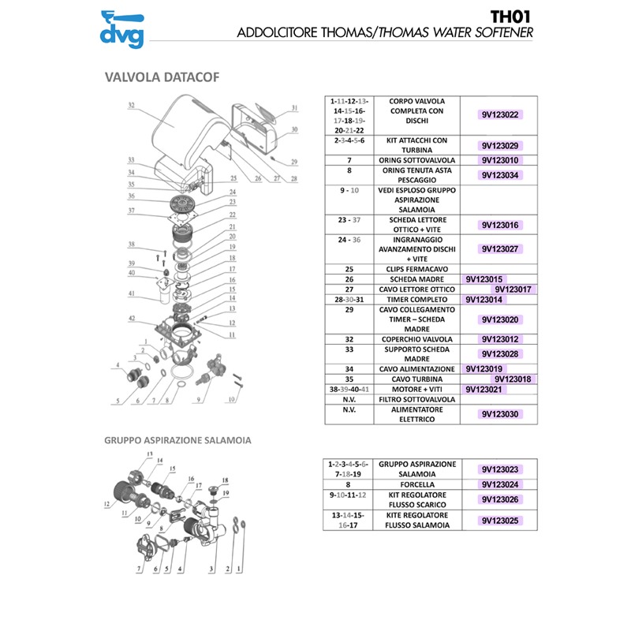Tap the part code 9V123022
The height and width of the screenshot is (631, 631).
pos(498,115)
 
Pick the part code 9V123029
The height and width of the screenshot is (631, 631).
pos(498,146)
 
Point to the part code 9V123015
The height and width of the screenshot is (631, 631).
pos(484,279)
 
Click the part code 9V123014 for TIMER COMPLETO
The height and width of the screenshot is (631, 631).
pos(484,300)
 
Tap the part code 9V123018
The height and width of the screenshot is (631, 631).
pos(513,379)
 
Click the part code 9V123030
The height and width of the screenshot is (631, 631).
pos(498,413)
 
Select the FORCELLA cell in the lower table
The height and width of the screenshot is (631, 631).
pos(418,484)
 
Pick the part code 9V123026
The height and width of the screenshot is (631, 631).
pos(498,500)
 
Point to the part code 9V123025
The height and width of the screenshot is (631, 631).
pos(498,521)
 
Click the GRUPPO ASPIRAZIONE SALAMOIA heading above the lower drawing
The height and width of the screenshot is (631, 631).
pos(177,440)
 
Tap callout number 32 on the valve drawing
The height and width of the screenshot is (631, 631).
pos(131,105)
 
